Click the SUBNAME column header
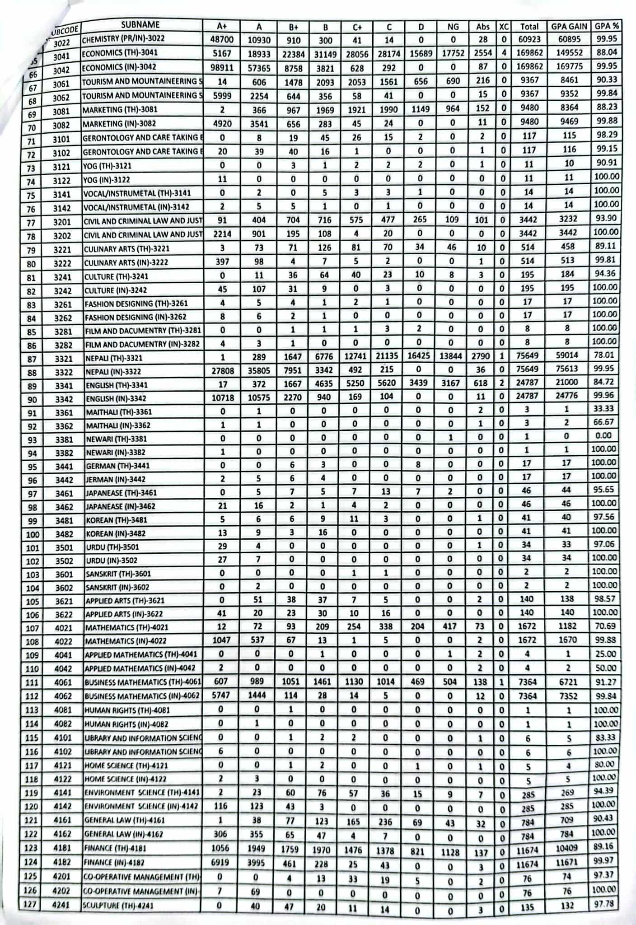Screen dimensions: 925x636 [x=140, y=25]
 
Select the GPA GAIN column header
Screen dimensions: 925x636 [x=569, y=27]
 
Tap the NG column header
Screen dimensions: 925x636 [x=453, y=27]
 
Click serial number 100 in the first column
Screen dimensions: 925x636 [x=33, y=534]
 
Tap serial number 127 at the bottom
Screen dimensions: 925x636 [x=30, y=904]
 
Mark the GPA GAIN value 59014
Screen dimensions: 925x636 [x=567, y=355]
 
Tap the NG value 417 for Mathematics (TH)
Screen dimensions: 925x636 [x=450, y=626]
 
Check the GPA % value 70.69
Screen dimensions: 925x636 [x=605, y=626]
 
